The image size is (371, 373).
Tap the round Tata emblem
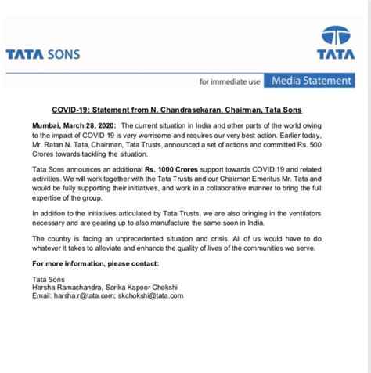point(336,36)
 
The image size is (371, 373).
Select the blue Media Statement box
point(309,80)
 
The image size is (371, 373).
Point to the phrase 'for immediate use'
point(229,81)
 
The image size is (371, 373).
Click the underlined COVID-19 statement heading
point(176,110)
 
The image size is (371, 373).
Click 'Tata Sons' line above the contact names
point(49,278)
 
